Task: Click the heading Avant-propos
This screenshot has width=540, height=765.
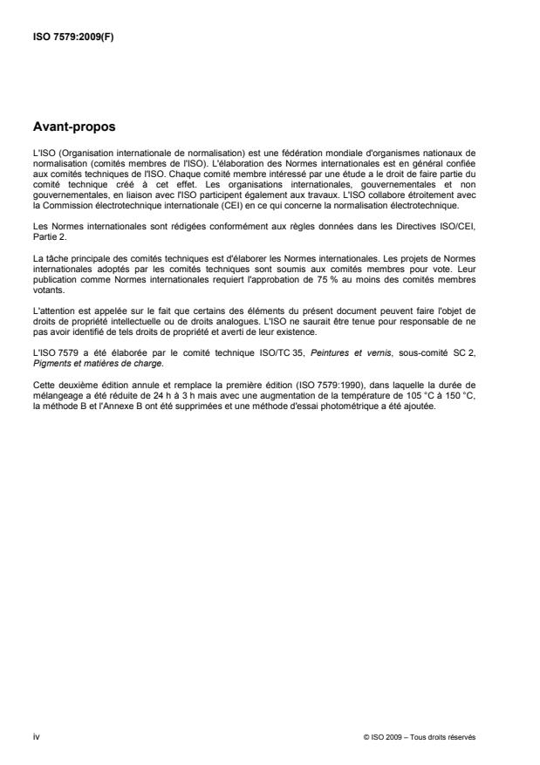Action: [73, 126]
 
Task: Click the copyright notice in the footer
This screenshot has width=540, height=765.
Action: [420, 736]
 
